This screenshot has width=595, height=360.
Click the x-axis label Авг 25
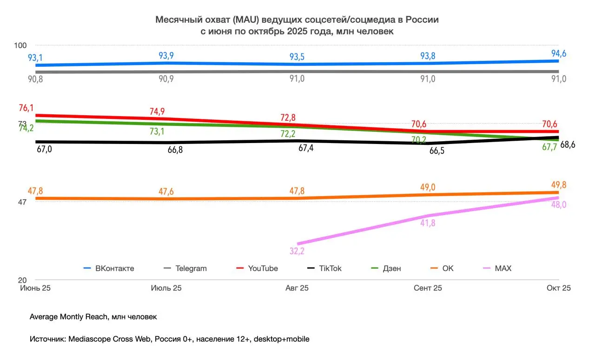tap(297, 288)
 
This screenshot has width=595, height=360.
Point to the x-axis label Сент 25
tap(428, 288)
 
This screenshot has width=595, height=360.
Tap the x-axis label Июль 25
tap(166, 288)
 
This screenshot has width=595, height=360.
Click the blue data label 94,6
tap(558, 53)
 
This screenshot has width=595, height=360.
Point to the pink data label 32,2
tap(297, 251)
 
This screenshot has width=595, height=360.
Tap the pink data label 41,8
tap(428, 223)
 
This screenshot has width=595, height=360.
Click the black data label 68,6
tap(568, 144)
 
